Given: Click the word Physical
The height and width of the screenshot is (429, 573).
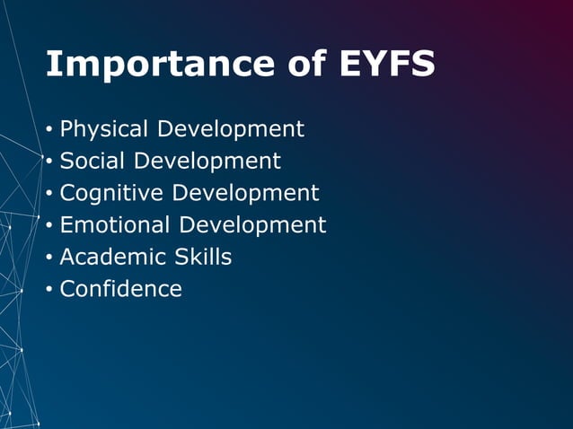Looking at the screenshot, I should pyautogui.click(x=104, y=129).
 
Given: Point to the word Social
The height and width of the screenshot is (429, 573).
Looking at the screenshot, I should pyautogui.click(x=93, y=162).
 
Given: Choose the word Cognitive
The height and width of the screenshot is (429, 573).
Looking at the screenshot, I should pyautogui.click(x=111, y=193).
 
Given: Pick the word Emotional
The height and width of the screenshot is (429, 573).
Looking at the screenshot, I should pyautogui.click(x=115, y=225).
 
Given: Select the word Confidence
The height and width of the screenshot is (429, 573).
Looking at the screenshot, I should pyautogui.click(x=120, y=289).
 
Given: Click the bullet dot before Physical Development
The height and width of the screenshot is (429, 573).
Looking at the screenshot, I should pyautogui.click(x=49, y=130).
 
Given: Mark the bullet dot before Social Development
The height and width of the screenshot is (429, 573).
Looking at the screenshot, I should pyautogui.click(x=49, y=162).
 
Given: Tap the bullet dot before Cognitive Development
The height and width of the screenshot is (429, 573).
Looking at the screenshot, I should pyautogui.click(x=49, y=194).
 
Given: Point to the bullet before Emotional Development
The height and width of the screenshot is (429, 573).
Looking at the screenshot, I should pyautogui.click(x=49, y=226).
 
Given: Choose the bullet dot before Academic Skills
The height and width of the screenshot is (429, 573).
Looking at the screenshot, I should pyautogui.click(x=49, y=258).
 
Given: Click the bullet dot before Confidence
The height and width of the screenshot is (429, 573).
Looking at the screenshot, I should pyautogui.click(x=49, y=290).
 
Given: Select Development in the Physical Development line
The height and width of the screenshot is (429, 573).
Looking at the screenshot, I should pyautogui.click(x=230, y=129).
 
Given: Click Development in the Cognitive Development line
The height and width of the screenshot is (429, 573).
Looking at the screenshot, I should pyautogui.click(x=245, y=193).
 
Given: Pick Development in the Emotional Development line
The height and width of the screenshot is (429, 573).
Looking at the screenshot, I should pyautogui.click(x=252, y=225).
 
